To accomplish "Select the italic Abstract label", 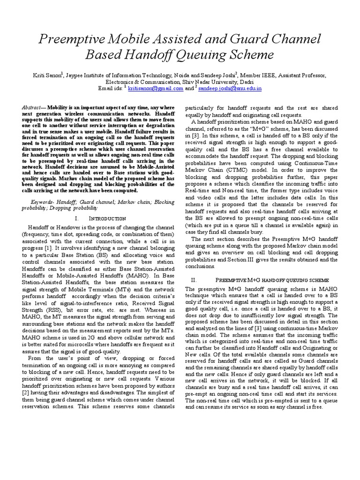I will [x=31, y=107].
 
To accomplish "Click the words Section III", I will [x=269, y=259].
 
